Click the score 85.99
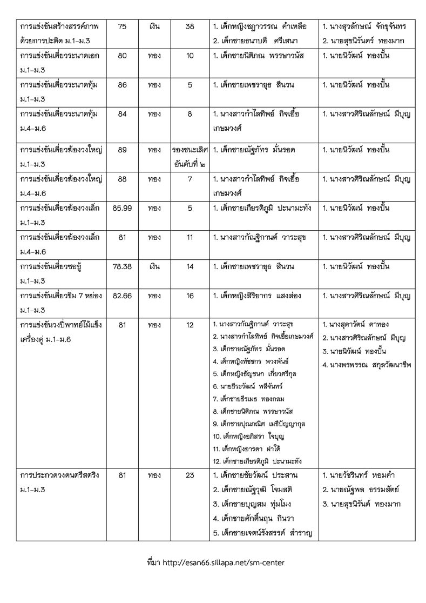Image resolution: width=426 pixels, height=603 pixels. click(x=122, y=209)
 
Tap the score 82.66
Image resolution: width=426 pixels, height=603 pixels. click(x=122, y=296)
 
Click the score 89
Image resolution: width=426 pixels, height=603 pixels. click(x=122, y=150)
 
